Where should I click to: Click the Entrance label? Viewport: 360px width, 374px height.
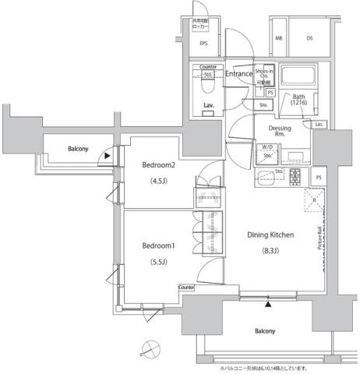(238, 74)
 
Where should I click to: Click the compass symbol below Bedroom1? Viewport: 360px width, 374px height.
(151, 349)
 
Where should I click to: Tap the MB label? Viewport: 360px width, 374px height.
(278, 37)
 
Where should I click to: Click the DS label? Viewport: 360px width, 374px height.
(309, 37)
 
